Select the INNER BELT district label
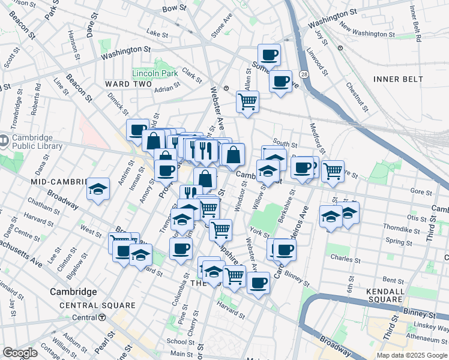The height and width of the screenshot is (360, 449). pyautogui.click(x=398, y=79)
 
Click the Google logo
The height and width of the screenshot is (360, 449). pyautogui.click(x=20, y=353)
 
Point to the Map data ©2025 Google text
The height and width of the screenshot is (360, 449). pyautogui.click(x=412, y=355)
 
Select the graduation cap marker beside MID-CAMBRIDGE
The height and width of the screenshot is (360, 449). pyautogui.click(x=98, y=190)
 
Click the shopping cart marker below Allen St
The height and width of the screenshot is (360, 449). pyautogui.click(x=247, y=101)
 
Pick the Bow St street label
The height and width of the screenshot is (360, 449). pyautogui.click(x=175, y=8)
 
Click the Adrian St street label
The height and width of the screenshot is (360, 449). pyautogui.click(x=167, y=89)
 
